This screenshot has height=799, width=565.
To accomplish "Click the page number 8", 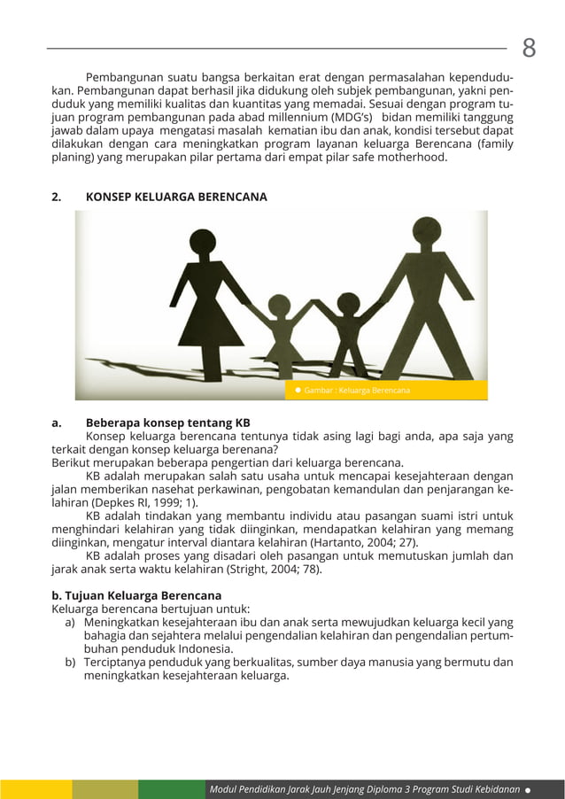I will point(529,48).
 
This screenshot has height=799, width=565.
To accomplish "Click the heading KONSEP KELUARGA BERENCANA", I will point(175,197).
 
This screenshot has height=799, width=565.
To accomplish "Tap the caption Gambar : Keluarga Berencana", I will point(356,391).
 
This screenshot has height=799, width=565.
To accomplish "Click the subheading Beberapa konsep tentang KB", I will point(167,423).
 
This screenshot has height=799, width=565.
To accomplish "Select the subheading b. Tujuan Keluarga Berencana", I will point(136,595).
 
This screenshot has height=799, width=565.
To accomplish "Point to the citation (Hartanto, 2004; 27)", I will point(360,542).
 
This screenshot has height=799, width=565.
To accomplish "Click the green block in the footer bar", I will point(171,789).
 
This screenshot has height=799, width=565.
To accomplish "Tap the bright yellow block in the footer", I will point(35,789).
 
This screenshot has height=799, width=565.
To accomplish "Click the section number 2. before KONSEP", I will point(57,197).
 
